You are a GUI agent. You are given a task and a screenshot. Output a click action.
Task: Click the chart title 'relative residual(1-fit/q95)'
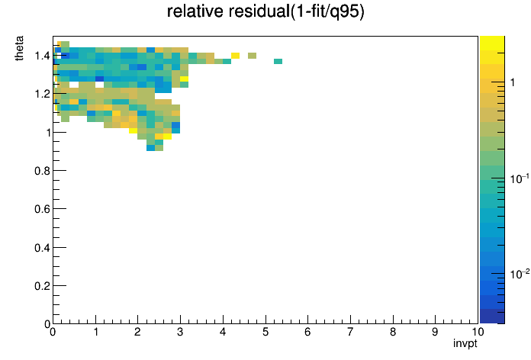pos(265,11)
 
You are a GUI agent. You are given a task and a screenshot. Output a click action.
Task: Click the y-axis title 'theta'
pos(19,48)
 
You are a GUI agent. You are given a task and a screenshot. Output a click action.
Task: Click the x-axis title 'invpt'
pos(465,343)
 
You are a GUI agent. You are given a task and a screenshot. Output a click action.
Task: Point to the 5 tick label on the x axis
pos(265,332)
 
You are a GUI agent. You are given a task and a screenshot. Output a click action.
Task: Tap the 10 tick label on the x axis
pos(478,332)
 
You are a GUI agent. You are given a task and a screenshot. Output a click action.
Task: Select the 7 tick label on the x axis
pos(350,332)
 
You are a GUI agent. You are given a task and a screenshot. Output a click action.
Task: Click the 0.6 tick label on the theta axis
pos(42,209)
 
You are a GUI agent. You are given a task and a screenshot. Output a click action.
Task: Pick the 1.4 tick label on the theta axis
pos(42,56)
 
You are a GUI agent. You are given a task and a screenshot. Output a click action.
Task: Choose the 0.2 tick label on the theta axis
pos(42,286)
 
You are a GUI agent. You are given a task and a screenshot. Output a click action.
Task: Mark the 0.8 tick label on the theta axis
pos(42,171)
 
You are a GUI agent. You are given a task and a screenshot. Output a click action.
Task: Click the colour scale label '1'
pos(513,82)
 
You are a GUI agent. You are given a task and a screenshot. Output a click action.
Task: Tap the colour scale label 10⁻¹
pos(520,178)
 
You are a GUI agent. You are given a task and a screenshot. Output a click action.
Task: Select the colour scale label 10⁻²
pos(520,274)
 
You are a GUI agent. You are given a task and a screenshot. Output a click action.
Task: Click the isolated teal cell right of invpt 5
pos(278,61)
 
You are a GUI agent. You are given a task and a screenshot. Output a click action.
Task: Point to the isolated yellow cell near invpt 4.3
pos(235,56)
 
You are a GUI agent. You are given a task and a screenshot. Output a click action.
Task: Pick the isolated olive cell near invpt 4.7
pos(253,56)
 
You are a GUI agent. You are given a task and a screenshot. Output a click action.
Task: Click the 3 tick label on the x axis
pos(180,332)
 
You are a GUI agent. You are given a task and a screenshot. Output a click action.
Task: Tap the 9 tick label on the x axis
pos(435,332)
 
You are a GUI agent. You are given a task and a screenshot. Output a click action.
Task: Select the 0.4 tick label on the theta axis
pos(42,248)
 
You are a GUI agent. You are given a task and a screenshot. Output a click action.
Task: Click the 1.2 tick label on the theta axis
pos(42,94)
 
